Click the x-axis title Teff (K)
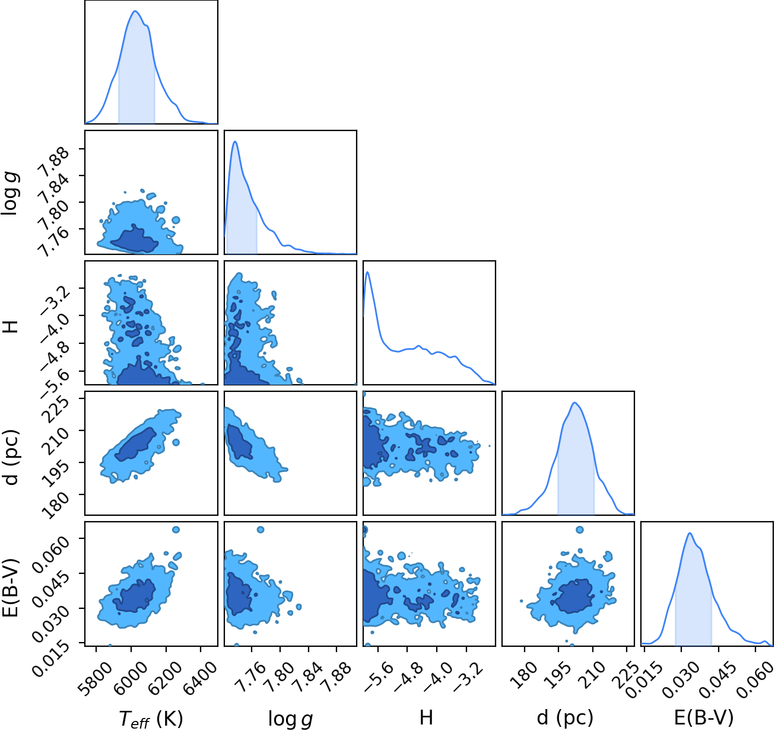(x=151, y=719)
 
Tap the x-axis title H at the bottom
(x=426, y=717)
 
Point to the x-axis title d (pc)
(x=566, y=718)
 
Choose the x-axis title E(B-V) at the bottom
(x=704, y=718)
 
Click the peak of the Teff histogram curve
(x=135, y=11)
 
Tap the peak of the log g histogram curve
(x=235, y=141)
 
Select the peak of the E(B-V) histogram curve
(x=690, y=533)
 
